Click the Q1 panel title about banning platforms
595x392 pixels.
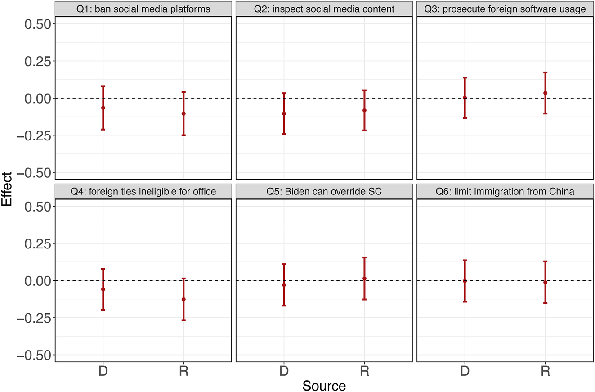[x=143, y=9]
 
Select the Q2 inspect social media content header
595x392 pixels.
[x=324, y=9]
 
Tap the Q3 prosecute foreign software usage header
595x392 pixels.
[x=505, y=9]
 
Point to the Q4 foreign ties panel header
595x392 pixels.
[x=143, y=192]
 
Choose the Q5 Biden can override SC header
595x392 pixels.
[x=324, y=192]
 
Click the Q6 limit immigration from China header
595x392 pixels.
[x=505, y=192]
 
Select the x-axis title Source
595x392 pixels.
[x=324, y=386]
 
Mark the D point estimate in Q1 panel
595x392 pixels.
[x=103, y=108]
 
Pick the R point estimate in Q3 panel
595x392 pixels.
[x=545, y=93]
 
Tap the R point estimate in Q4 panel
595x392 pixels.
[x=183, y=299]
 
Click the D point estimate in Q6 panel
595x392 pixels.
[x=465, y=281]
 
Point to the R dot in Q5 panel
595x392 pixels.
[x=364, y=278]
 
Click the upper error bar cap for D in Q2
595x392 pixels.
[x=284, y=93]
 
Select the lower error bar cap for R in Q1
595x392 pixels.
[x=183, y=135]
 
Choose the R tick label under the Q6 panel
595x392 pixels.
[x=545, y=371]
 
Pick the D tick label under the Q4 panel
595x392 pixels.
[x=103, y=371]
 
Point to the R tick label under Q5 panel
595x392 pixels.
[x=364, y=371]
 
